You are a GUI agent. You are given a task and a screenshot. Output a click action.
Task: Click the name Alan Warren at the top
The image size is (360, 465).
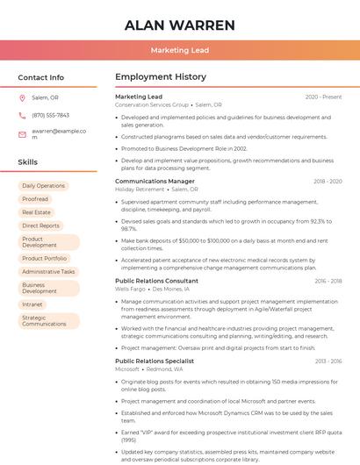(180, 25)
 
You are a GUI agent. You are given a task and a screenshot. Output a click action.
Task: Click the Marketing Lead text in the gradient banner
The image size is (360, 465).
(180, 51)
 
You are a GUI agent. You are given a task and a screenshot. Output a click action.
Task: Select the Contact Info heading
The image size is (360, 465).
(41, 77)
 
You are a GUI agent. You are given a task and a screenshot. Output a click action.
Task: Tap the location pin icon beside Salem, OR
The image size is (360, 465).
(22, 98)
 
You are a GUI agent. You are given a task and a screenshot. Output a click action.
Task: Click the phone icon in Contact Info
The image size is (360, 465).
(22, 116)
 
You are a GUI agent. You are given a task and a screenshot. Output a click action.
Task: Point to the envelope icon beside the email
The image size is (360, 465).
(22, 134)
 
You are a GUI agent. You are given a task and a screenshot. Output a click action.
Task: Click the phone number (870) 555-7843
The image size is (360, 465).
(50, 116)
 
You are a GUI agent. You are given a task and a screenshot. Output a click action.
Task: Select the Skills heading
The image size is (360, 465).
(28, 162)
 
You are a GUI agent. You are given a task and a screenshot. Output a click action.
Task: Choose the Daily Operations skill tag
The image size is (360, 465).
(44, 186)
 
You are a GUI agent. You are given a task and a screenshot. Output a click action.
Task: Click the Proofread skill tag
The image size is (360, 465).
(35, 199)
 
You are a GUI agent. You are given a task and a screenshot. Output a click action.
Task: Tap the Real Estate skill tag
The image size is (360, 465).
(37, 212)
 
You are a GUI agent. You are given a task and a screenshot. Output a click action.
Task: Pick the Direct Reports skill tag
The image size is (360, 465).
(41, 225)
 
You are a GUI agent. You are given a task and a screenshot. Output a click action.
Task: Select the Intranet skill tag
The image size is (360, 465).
(32, 304)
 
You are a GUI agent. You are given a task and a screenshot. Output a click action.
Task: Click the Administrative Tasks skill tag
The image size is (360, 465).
(48, 272)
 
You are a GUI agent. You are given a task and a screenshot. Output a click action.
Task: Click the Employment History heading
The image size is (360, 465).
(161, 77)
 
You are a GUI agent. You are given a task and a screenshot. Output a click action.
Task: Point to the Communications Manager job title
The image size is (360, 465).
(155, 181)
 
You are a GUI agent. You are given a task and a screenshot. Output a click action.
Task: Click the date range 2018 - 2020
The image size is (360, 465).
(328, 182)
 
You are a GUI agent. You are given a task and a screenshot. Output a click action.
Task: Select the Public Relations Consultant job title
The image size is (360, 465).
(156, 281)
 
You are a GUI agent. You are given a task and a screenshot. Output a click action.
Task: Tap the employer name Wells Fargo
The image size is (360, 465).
(130, 289)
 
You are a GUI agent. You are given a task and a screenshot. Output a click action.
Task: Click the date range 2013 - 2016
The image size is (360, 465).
(328, 361)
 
